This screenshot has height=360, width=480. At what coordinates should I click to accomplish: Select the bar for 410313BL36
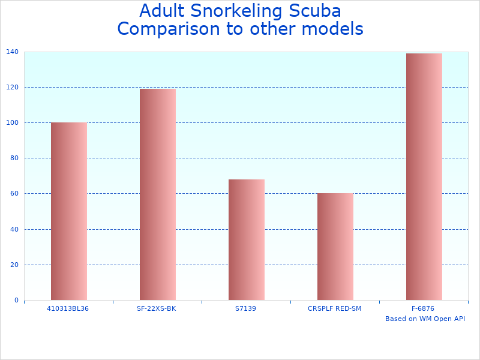click(68, 211)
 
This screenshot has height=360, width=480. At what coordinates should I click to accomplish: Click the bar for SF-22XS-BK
click(157, 194)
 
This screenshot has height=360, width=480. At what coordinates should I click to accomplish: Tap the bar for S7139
click(246, 239)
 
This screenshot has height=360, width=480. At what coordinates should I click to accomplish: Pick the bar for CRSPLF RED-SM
click(335, 247)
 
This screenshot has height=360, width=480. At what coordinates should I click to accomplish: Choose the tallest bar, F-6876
click(424, 176)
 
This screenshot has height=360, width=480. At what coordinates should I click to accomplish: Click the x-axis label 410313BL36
click(68, 308)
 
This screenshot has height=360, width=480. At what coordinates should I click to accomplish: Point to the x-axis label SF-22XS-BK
click(157, 308)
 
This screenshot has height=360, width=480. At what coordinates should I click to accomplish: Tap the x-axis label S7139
click(246, 308)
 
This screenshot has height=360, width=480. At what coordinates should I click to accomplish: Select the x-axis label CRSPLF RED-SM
click(335, 308)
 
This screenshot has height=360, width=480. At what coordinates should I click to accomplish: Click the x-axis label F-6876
click(423, 308)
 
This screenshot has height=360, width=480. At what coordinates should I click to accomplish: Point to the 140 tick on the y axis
click(12, 52)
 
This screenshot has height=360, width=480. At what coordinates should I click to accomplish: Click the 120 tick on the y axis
click(12, 88)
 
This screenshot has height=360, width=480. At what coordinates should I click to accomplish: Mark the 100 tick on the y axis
click(12, 123)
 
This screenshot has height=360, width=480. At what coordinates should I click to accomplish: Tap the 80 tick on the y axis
click(14, 158)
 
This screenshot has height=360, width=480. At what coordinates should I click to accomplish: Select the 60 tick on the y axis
click(14, 194)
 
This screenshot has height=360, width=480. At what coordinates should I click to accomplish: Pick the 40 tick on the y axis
click(14, 229)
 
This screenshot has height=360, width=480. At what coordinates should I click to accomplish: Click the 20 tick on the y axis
click(14, 265)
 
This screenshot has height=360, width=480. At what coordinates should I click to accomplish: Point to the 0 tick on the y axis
click(16, 300)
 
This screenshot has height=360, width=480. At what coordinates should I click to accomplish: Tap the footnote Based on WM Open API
click(425, 319)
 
